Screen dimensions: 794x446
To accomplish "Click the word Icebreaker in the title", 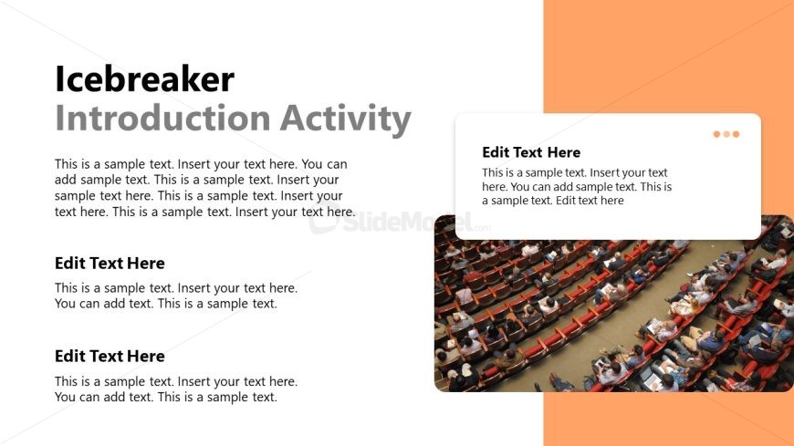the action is pos(144,79).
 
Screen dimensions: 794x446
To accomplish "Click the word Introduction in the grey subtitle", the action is pos(162,118).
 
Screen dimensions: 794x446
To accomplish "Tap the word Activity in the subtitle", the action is pos(345,119).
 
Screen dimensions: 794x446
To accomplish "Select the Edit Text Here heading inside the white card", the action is pos(531,152).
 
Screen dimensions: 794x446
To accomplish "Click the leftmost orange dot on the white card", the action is pos(716,134).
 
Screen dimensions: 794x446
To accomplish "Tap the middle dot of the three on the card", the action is pos(726,134).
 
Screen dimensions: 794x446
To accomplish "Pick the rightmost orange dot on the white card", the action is pos(737,134).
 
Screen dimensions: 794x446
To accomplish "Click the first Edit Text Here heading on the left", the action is pos(110,264).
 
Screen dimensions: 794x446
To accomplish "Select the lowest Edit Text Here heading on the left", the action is pos(110,357).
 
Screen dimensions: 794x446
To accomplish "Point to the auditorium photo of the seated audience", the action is pos(613,314).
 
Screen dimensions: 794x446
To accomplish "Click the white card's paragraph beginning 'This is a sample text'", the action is pos(577,187).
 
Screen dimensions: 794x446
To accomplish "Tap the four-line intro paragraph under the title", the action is pos(204,188).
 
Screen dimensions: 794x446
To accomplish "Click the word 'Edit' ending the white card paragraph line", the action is pos(566,201).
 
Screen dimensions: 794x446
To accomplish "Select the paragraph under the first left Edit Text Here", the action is pos(176,296).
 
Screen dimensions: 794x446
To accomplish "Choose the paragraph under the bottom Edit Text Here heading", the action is pos(176,389).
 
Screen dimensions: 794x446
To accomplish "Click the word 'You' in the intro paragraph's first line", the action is pos(312,164).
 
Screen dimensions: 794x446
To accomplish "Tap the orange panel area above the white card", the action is pos(668,56).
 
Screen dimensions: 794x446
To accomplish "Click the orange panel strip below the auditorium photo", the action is pos(668,419).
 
